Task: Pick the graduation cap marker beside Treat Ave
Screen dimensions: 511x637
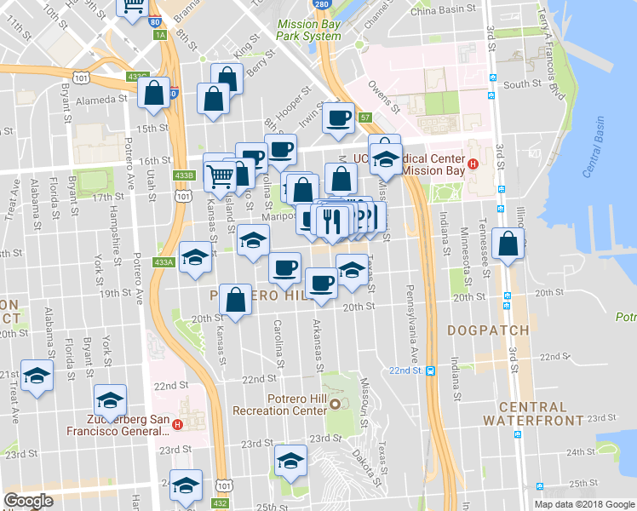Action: (x=36, y=376)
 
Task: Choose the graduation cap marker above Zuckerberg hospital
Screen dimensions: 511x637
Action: (x=111, y=399)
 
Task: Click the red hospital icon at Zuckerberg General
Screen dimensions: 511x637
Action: (x=177, y=424)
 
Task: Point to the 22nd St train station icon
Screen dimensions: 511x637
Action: (x=431, y=370)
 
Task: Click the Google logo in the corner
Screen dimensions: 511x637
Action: (x=29, y=500)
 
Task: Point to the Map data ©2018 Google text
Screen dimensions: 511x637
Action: (x=584, y=504)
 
